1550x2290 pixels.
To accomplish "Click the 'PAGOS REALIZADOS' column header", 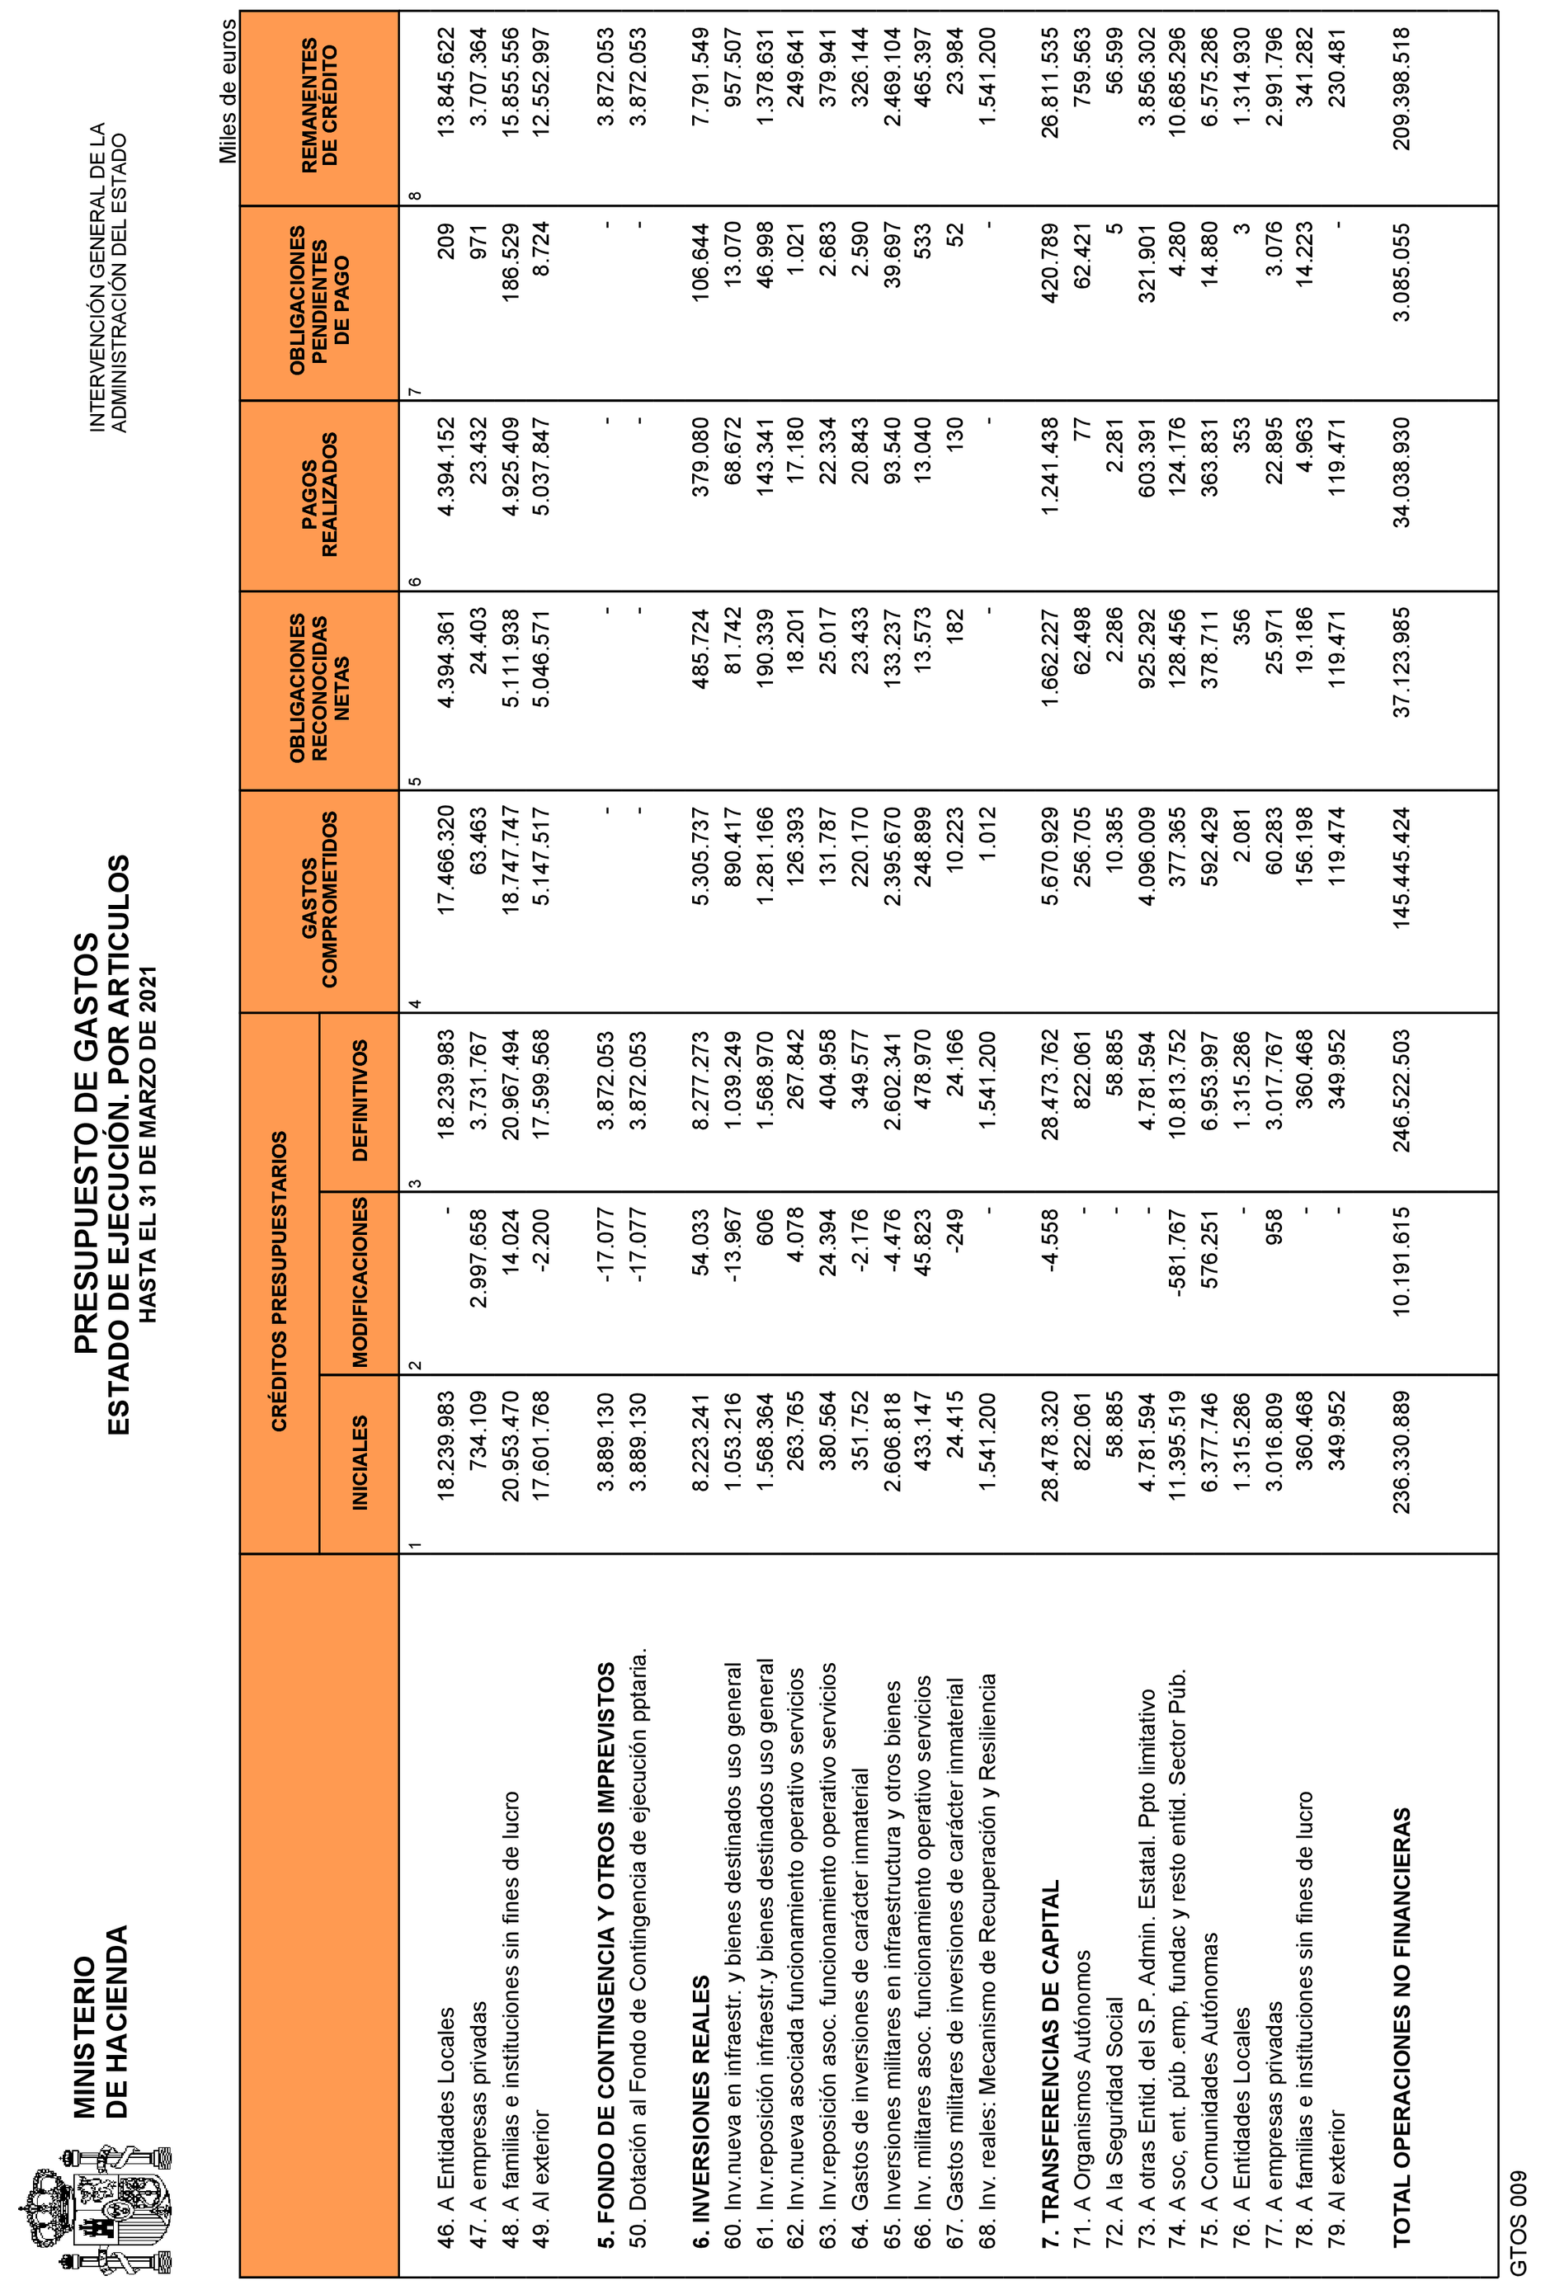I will click(318, 495).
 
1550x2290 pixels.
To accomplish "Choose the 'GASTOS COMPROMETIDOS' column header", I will click(318, 898).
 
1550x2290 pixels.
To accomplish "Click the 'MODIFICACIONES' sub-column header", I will click(360, 1282).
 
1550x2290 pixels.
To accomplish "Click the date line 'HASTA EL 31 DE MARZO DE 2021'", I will click(148, 1143).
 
